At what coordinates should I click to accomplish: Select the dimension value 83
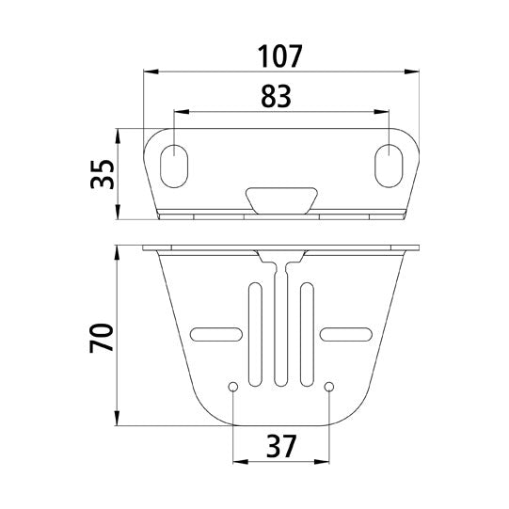click(277, 94)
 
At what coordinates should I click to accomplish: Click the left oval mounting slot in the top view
click(175, 165)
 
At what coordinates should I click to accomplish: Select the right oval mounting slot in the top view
click(387, 165)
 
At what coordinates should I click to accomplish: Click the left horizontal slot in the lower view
click(215, 332)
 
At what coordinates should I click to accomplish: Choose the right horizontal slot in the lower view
click(346, 332)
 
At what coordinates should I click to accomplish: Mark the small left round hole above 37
click(232, 386)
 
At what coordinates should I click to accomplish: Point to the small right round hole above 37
click(328, 386)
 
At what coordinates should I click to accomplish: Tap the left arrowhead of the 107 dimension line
click(150, 71)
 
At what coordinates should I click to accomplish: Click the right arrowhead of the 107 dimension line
click(412, 71)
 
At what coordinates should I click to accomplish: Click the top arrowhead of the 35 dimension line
click(117, 135)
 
